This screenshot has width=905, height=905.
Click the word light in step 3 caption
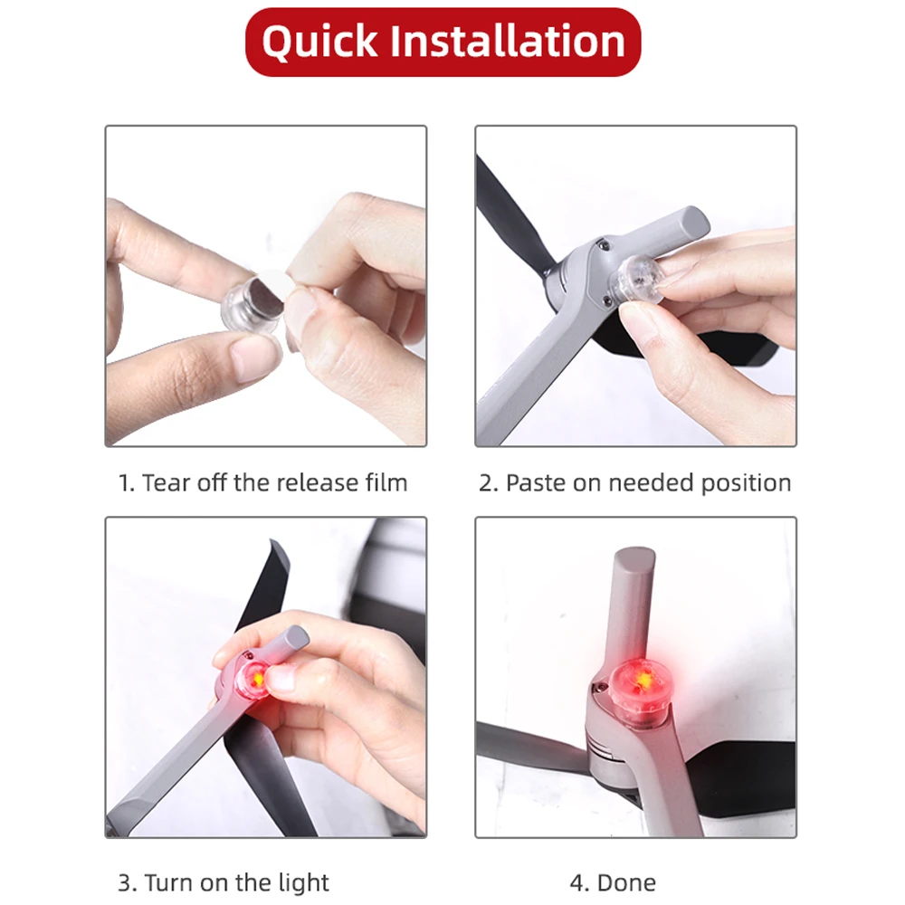click(x=302, y=882)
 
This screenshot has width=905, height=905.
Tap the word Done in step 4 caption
click(x=627, y=882)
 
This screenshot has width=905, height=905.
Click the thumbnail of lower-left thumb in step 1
click(x=256, y=355)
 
